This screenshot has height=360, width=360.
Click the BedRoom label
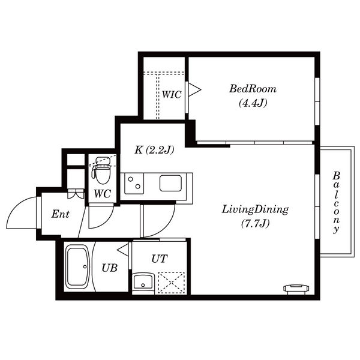coord(253,89)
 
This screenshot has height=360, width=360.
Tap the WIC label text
coord(172,95)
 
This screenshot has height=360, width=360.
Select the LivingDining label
coord(255,209)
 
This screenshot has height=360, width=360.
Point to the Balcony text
coord(337,203)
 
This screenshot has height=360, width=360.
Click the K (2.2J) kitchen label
coord(154,150)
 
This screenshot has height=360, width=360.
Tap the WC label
coord(102,194)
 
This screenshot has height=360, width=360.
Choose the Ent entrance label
coord(60,214)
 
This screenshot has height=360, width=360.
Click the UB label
coord(110,268)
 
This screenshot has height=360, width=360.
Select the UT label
coord(160,259)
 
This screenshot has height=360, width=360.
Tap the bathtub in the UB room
coord(77,266)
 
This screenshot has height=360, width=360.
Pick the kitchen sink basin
coord(170,183)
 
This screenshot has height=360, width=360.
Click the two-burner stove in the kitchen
coord(134,184)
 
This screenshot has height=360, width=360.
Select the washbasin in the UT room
coord(143,282)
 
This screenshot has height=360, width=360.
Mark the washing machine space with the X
coord(172,283)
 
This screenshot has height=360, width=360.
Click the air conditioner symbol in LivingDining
coord(296,289)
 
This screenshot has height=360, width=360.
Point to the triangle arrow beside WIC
coord(194,90)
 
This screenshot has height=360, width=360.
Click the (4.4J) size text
coord(253,103)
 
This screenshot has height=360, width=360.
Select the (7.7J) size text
coord(255,224)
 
